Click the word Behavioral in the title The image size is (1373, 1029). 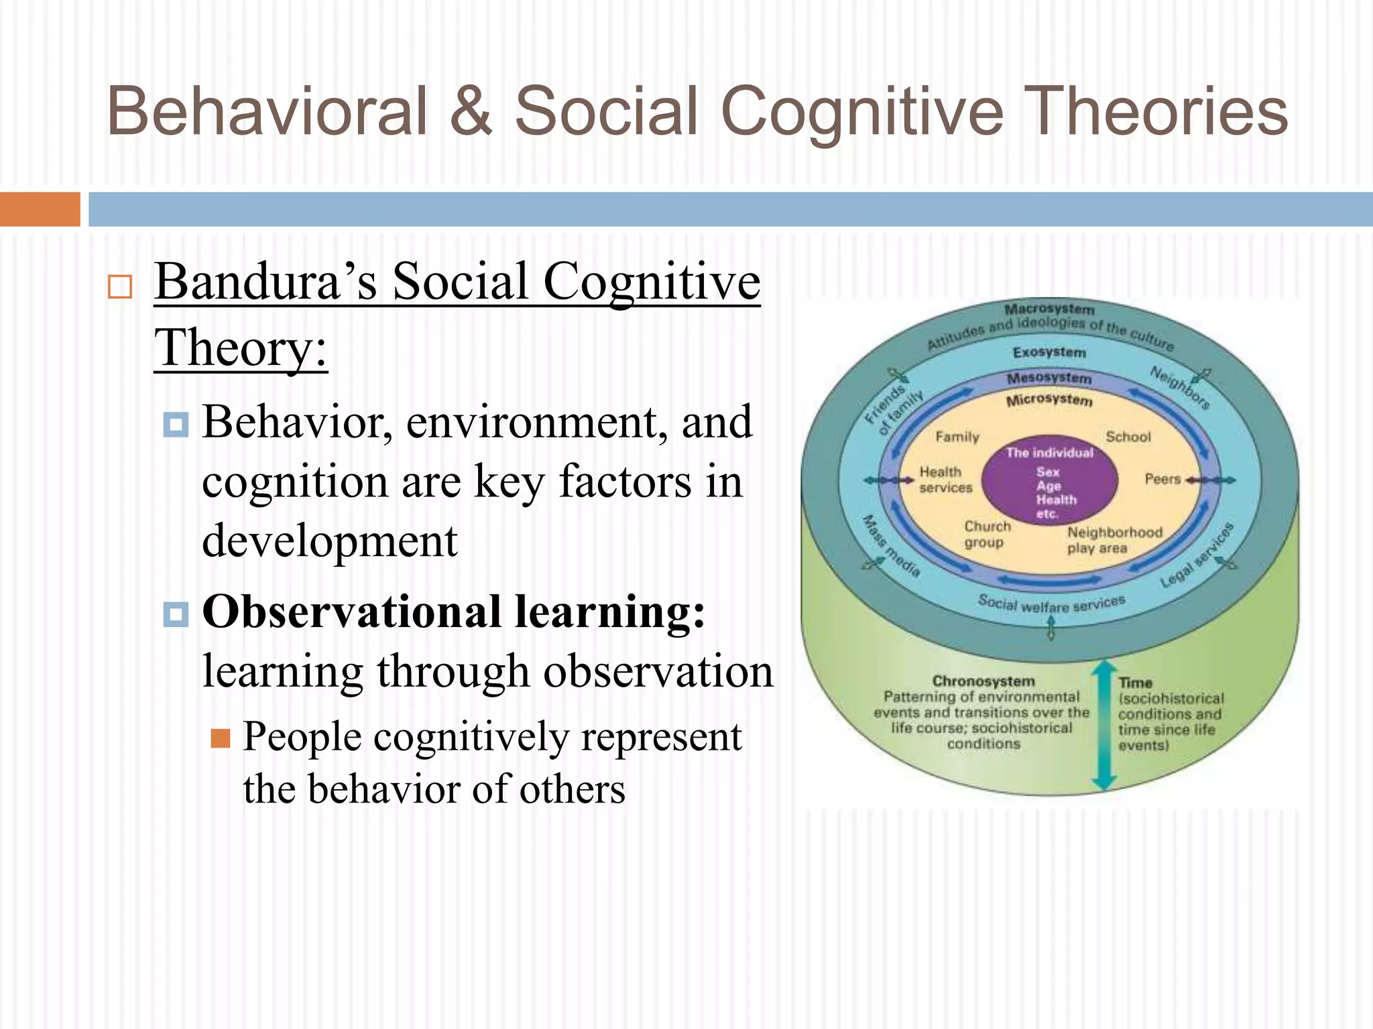pos(267,111)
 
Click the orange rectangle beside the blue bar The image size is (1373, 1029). pos(40,209)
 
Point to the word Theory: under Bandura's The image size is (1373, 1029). pos(241,348)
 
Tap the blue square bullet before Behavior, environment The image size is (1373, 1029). pos(176,424)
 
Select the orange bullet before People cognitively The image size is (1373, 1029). pos(220,738)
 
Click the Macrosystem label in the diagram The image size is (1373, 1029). pos(1049,310)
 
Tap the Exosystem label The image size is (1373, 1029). pos(1049,352)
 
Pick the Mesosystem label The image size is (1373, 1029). pos(1049,378)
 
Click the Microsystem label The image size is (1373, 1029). pos(1049,400)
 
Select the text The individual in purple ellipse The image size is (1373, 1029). pos(1049,453)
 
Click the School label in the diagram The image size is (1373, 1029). pos(1128,437)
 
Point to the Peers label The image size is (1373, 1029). pos(1162,479)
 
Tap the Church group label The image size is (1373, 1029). pos(986,535)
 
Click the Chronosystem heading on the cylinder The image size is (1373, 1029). pos(983,681)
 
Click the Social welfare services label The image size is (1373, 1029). pos(1051,604)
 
